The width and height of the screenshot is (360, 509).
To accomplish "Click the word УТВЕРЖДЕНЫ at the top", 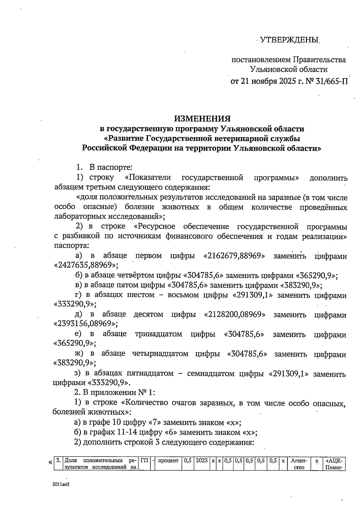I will click(x=289, y=40).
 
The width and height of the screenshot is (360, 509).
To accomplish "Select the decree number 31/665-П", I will click(x=331, y=81).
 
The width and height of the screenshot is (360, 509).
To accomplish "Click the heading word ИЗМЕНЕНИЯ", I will click(x=202, y=118).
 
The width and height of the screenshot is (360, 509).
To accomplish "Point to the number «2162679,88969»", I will click(x=234, y=256).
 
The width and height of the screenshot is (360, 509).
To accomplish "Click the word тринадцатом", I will click(x=158, y=334).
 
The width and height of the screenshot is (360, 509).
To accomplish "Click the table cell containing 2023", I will click(x=202, y=460).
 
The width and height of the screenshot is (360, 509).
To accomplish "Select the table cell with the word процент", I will click(x=168, y=460).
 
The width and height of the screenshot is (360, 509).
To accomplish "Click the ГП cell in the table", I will click(x=144, y=460).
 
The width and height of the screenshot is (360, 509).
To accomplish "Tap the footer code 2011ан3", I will click(x=58, y=484).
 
